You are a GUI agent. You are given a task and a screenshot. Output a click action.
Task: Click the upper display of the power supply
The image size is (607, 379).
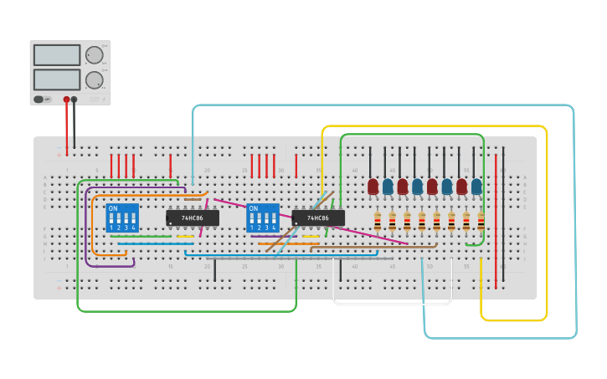(57, 55)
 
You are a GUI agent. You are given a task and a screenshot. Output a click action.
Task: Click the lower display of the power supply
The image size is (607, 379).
(57, 79)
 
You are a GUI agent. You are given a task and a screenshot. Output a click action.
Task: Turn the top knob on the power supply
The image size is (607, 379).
(95, 56)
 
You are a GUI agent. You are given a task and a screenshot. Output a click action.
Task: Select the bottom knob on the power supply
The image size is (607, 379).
(95, 80)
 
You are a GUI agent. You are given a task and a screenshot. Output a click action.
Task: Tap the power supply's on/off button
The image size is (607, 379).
(39, 99)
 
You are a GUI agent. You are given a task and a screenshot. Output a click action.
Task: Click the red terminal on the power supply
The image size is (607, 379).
(66, 99)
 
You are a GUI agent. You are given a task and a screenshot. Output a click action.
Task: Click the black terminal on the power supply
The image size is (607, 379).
(75, 99)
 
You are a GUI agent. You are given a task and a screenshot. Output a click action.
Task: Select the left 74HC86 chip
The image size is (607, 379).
(193, 218)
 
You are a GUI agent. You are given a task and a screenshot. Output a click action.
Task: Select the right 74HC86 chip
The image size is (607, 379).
(318, 218)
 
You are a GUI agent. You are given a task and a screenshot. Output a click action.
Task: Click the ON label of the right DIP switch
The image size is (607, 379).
(253, 208)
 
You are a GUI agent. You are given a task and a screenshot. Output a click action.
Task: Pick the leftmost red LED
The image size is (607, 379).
(373, 187)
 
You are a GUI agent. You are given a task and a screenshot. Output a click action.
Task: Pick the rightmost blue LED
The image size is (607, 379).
(476, 187)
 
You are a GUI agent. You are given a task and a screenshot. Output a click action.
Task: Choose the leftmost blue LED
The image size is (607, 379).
(388, 187)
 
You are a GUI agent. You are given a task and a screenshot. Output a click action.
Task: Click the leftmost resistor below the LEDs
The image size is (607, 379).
(378, 221)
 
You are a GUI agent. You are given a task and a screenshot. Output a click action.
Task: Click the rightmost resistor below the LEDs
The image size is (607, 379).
(481, 221)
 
